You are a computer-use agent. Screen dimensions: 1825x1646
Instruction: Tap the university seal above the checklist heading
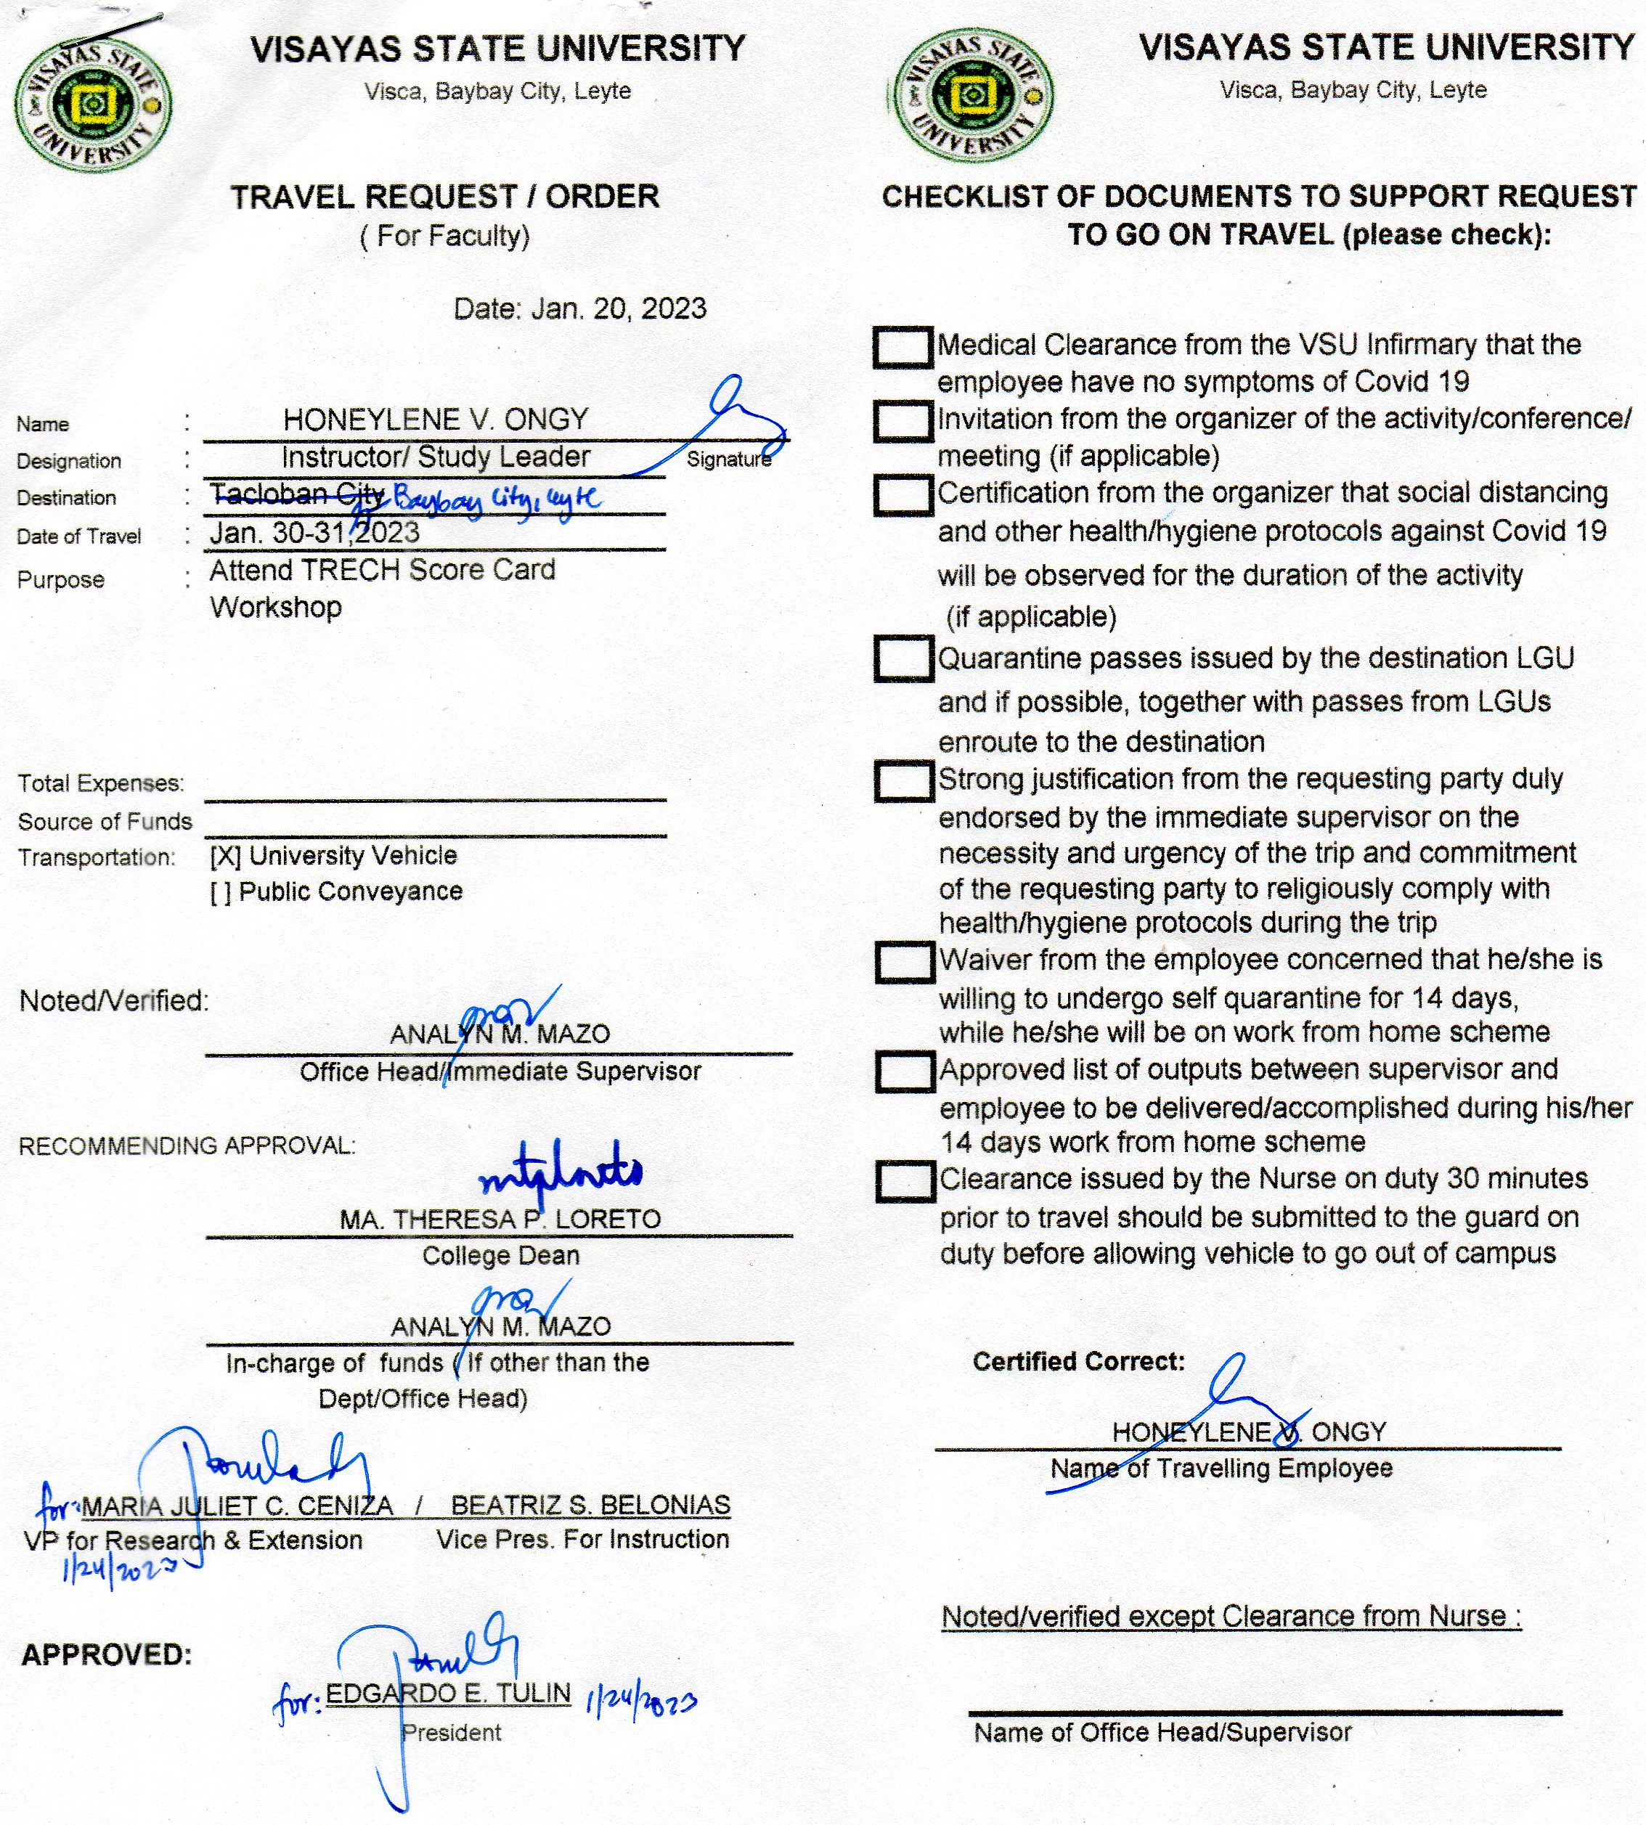point(972,96)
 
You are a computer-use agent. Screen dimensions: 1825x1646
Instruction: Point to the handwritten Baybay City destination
point(497,498)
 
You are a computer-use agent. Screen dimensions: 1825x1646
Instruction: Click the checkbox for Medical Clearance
point(903,347)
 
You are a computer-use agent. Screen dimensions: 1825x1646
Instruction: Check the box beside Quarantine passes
point(903,658)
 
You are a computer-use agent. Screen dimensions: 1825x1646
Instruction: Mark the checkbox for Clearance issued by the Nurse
point(905,1181)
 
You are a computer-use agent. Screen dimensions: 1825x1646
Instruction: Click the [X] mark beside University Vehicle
point(225,856)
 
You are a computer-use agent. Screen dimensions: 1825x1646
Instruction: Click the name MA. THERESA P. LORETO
point(500,1219)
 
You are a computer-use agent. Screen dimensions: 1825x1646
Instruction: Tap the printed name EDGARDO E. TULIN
point(448,1693)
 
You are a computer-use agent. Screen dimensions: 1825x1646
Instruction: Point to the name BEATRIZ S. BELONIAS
point(590,1505)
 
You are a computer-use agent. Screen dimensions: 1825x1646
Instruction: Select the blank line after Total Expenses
point(435,788)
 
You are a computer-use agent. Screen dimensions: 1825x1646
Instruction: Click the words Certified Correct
point(1078,1362)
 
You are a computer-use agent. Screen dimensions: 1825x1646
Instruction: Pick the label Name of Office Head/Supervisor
point(1162,1733)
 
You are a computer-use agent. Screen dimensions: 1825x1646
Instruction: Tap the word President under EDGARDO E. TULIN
point(452,1733)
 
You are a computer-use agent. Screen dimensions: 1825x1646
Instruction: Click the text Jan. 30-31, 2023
point(314,533)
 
